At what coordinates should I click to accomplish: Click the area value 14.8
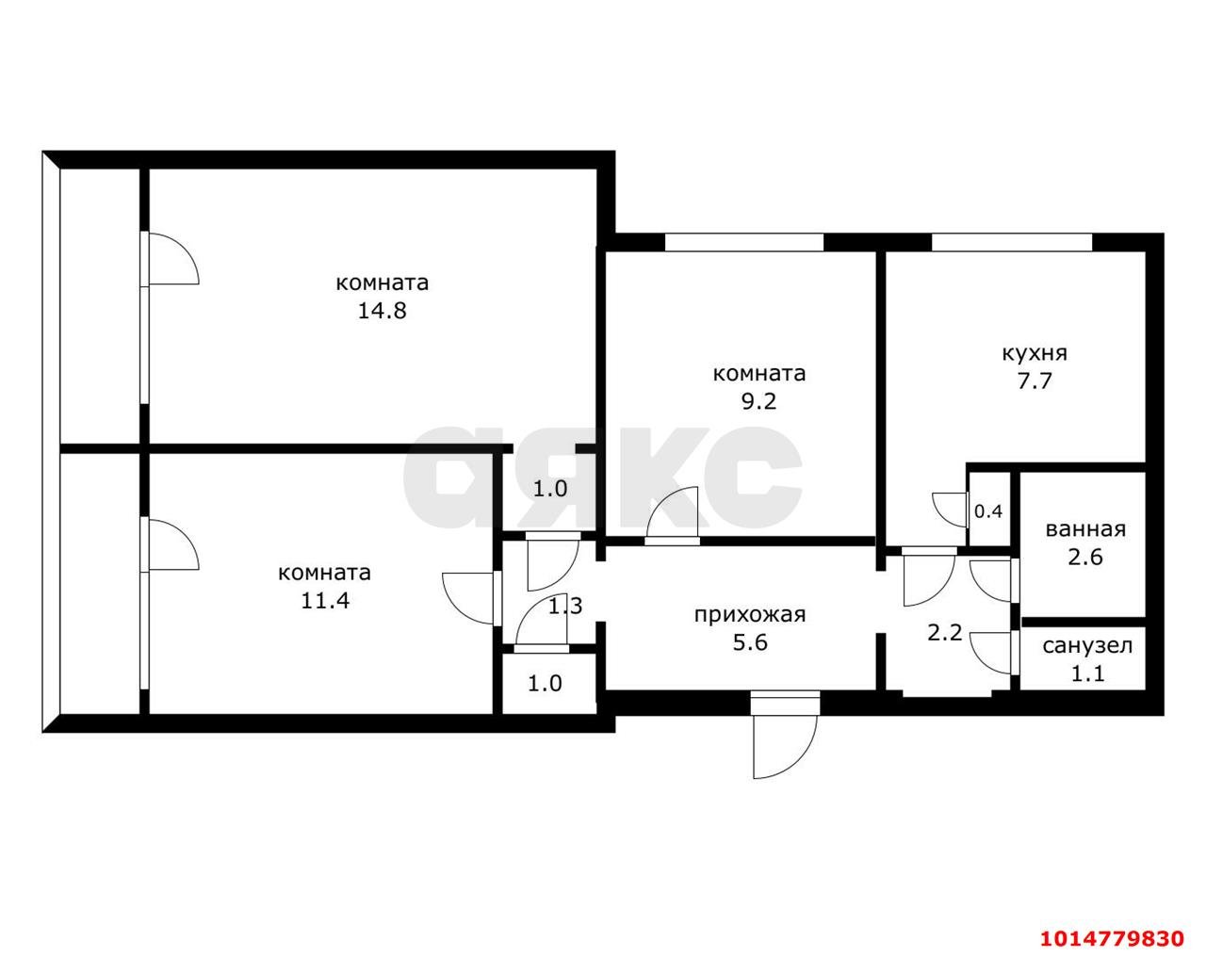[x=382, y=311]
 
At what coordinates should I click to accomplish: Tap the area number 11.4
[x=325, y=601]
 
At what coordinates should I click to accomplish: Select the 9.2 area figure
[x=758, y=401]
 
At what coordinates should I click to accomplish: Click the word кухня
[x=1035, y=353]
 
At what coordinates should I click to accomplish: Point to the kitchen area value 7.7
[x=1035, y=381]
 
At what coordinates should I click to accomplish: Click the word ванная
[x=1085, y=529]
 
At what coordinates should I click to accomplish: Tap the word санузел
[x=1087, y=646]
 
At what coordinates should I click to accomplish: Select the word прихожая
[x=750, y=615]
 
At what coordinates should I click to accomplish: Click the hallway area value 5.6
[x=750, y=642]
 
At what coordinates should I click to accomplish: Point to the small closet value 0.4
[x=988, y=511]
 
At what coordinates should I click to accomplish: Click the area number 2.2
[x=945, y=633]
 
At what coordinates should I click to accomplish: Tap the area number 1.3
[x=565, y=606]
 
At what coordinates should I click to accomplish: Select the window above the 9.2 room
[x=744, y=242]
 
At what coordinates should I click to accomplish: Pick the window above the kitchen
[x=1012, y=242]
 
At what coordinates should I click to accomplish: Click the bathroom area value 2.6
[x=1085, y=557]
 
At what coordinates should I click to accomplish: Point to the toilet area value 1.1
[x=1087, y=673]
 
